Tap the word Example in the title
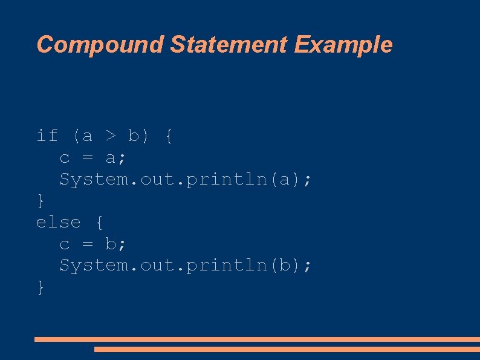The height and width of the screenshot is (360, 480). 344,45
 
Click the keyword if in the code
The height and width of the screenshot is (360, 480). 47,136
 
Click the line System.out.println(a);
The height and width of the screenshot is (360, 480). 186,180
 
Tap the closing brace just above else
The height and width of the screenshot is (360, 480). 41,201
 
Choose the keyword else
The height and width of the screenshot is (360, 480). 58,222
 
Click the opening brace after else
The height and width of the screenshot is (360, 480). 99,223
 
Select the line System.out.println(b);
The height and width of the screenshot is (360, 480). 186,266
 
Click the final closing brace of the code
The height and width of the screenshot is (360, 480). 41,287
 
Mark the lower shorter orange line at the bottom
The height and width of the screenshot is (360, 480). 287,349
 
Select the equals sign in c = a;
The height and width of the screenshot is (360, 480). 87,159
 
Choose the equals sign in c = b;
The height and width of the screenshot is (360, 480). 87,244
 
